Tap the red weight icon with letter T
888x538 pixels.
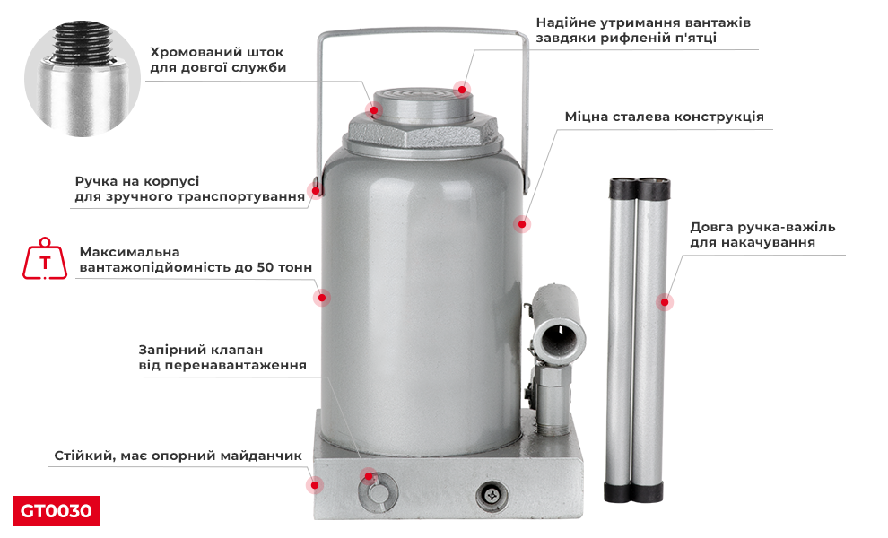point(44,259)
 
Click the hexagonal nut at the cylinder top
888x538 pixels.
point(421,133)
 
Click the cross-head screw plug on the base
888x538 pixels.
point(492,494)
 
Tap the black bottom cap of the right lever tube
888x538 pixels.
point(652,492)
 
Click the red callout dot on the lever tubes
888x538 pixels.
point(664,302)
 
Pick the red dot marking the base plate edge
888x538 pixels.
point(314,484)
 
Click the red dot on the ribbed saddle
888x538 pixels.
point(462,88)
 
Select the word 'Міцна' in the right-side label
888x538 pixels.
point(586,117)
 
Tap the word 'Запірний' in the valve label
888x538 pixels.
point(170,350)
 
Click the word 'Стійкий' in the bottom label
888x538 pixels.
point(82,456)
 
